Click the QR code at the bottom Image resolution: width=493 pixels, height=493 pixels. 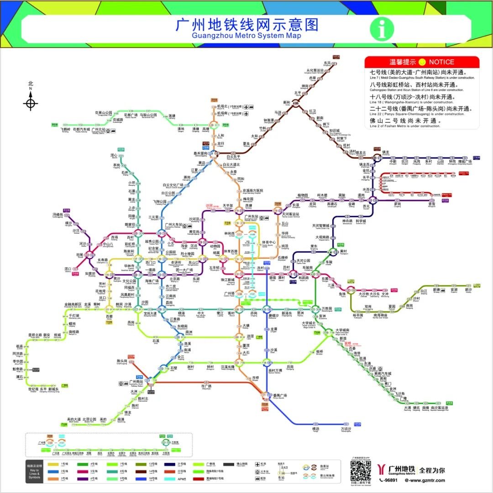coord(361,470)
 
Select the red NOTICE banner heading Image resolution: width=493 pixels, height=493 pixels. coord(422,62)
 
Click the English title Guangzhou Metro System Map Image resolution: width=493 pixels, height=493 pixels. coord(246,36)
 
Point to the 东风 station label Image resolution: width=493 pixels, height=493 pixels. coord(327,63)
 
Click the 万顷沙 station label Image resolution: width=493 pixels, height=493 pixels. coord(346,429)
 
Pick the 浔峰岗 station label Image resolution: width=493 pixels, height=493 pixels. coord(58,214)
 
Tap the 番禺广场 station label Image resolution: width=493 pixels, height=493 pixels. coord(280,395)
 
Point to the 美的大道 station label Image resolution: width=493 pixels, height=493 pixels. coord(73,419)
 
